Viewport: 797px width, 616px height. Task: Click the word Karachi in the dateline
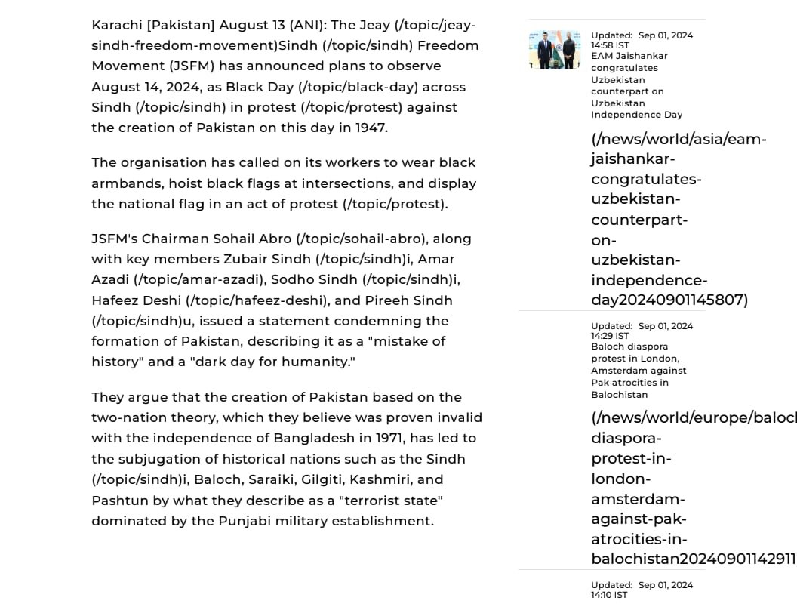[117, 26]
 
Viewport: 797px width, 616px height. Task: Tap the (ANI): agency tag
[308, 26]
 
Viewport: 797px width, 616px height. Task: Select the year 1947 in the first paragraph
[371, 128]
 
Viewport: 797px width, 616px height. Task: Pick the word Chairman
[175, 239]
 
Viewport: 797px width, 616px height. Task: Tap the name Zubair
[245, 260]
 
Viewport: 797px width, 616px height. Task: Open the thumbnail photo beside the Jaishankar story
[555, 50]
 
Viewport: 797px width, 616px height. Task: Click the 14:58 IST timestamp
[610, 45]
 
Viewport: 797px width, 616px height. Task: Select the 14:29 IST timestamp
[610, 336]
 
